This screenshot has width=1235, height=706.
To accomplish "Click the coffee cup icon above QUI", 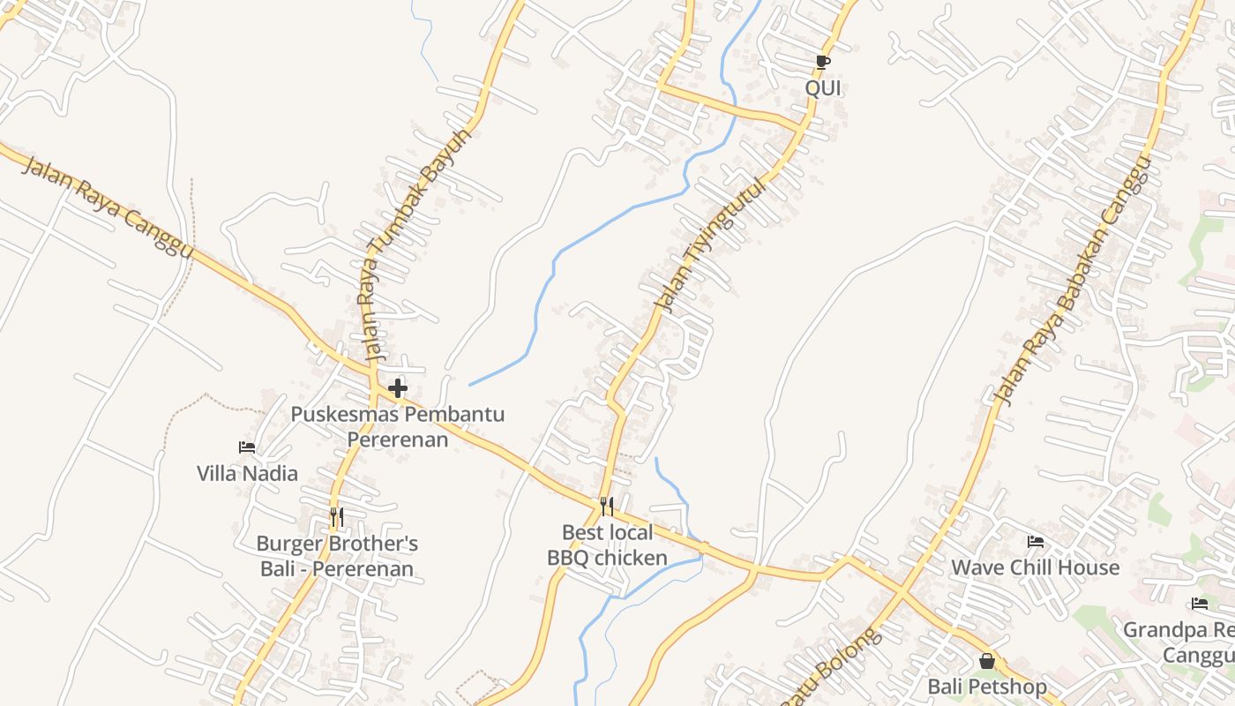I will click(822, 62).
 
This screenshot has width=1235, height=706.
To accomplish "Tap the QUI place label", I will click(822, 88).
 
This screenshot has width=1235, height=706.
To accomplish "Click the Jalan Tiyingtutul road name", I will click(708, 244).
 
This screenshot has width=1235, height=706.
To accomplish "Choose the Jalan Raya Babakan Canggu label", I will click(1073, 280).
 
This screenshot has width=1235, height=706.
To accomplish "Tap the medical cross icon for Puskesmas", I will click(398, 387).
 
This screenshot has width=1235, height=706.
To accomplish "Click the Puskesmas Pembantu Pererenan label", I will click(398, 426).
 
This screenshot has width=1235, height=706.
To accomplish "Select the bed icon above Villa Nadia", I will click(247, 447).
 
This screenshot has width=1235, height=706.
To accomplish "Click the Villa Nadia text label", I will click(247, 474).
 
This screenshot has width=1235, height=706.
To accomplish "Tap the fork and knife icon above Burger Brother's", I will click(336, 516).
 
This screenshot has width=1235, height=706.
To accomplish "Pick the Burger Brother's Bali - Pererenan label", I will click(337, 556).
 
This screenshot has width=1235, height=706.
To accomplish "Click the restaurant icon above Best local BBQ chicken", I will click(606, 506).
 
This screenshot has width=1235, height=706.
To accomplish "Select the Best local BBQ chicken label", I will click(607, 545).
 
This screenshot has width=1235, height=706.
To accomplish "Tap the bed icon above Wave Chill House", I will click(1035, 541).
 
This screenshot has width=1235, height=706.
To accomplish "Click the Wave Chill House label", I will click(1035, 567).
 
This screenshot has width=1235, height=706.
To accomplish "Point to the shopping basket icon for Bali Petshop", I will click(987, 660).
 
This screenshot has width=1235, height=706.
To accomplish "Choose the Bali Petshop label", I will click(987, 687).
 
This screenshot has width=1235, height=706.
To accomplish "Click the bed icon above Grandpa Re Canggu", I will click(1200, 604).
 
